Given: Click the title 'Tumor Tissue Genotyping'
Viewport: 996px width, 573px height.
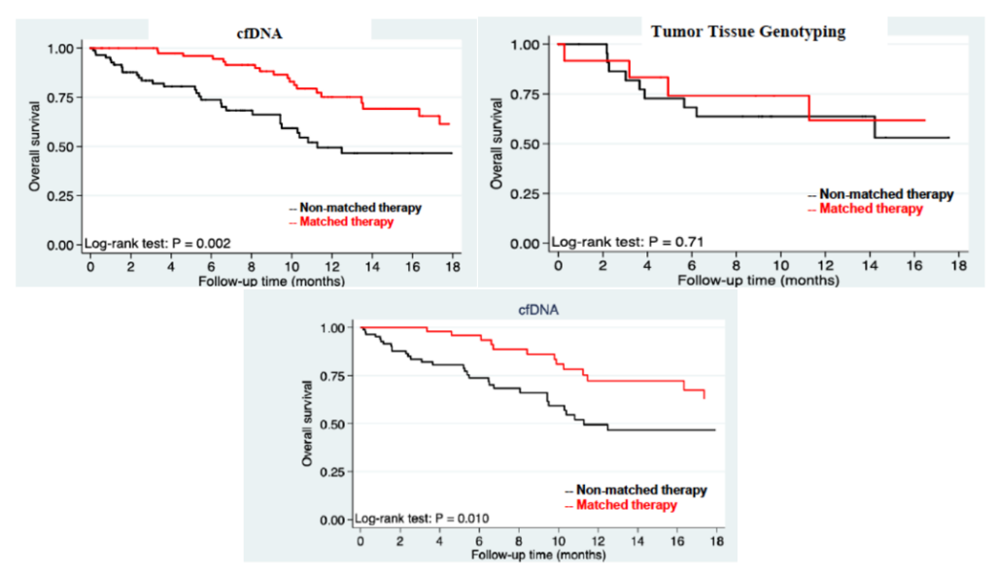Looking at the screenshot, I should (x=748, y=32).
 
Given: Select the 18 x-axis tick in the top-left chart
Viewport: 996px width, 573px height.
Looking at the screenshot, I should (x=452, y=268).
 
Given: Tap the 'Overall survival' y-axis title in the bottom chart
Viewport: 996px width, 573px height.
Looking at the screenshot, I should (x=308, y=424).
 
